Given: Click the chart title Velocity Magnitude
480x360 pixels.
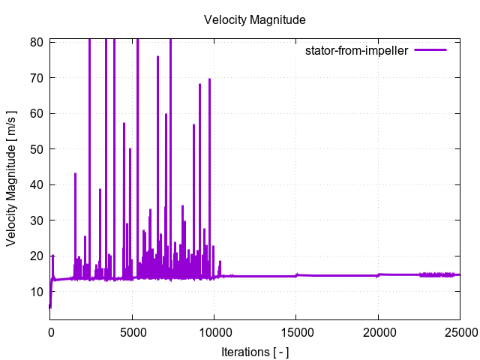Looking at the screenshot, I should pos(254,20).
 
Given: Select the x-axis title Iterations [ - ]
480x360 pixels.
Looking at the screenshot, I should pos(254,351).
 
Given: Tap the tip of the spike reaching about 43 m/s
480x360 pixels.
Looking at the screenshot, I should pos(75,174).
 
